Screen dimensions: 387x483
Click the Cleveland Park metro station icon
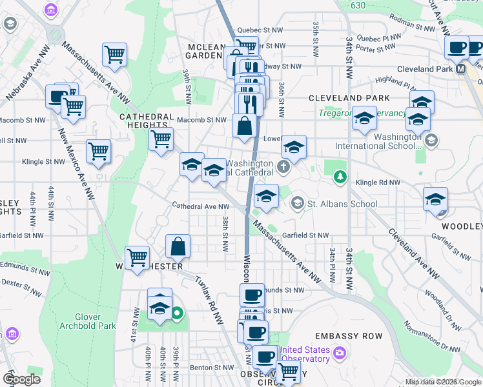461,68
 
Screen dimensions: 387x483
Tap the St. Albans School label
342,204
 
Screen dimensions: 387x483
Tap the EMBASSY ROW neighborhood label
348,336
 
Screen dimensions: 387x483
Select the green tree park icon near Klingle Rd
338,176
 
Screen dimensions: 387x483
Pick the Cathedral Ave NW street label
200,206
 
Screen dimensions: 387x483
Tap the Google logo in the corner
22,379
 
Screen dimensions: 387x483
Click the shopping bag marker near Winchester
178,246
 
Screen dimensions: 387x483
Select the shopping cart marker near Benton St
288,372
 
